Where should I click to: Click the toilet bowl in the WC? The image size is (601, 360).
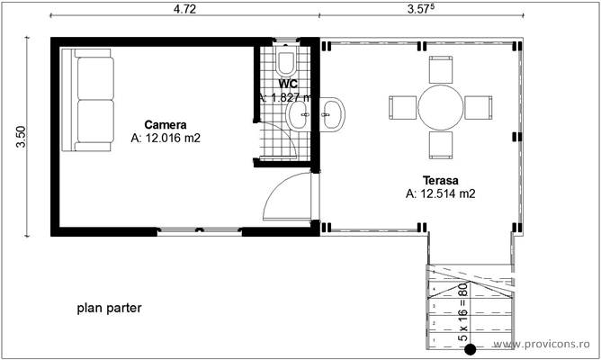pyautogui.click(x=286, y=62)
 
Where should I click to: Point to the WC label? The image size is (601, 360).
pyautogui.click(x=288, y=84)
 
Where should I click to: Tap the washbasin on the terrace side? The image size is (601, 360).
pyautogui.click(x=333, y=112)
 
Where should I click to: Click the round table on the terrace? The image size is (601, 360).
pyautogui.click(x=440, y=107)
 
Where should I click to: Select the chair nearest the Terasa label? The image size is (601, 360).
pyautogui.click(x=441, y=145)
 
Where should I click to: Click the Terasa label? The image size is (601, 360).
pyautogui.click(x=441, y=179)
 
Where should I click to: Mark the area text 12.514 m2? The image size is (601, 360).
pyautogui.click(x=441, y=193)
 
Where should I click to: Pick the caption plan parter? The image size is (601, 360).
pyautogui.click(x=109, y=308)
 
